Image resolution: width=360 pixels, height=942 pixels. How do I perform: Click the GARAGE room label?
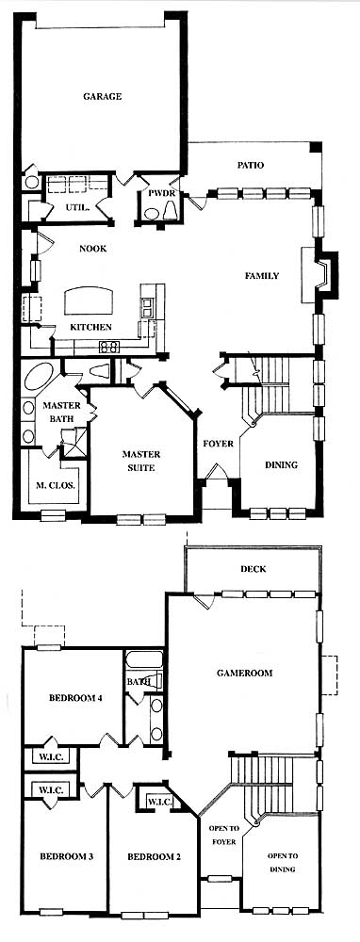[102, 96]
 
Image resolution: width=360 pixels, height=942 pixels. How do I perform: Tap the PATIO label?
[251, 165]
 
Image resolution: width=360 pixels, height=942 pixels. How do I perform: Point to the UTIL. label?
[77, 208]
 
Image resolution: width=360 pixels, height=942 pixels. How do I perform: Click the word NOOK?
[92, 249]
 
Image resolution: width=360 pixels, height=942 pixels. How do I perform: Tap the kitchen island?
[89, 300]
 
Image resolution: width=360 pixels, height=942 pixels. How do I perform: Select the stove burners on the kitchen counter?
[109, 347]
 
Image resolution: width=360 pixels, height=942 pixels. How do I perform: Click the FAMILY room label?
[261, 276]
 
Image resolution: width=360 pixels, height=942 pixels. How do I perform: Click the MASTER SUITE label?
[141, 462]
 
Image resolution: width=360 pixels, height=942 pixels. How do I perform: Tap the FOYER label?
[218, 444]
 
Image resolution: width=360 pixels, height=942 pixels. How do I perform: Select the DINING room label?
[281, 465]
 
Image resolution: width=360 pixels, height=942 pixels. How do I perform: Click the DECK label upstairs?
[253, 569]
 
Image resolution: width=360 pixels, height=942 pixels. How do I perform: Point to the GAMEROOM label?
[244, 674]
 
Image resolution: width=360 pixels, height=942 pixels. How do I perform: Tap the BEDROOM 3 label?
[66, 856]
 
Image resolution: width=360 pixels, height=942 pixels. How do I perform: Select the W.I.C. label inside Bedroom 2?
[160, 802]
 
